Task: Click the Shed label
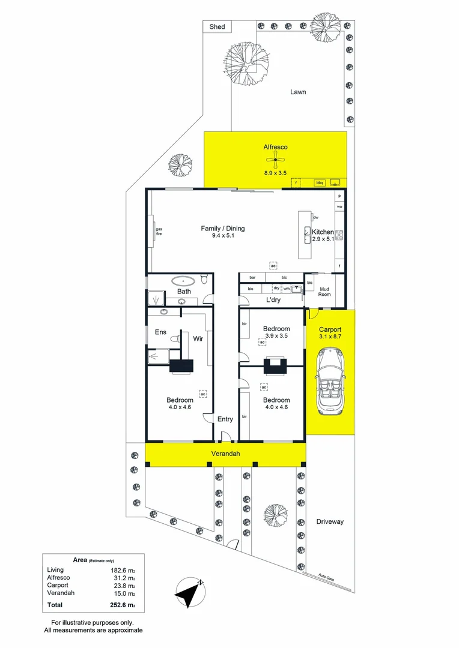(x=216, y=27)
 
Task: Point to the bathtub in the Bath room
(x=183, y=280)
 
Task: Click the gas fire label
(x=159, y=232)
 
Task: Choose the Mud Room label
(x=324, y=292)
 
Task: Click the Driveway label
(x=330, y=521)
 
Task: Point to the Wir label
(x=198, y=339)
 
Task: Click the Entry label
(x=225, y=419)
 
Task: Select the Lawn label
(x=298, y=92)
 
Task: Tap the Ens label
(x=160, y=332)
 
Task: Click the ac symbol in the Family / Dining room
(x=273, y=265)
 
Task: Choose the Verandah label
(x=225, y=454)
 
